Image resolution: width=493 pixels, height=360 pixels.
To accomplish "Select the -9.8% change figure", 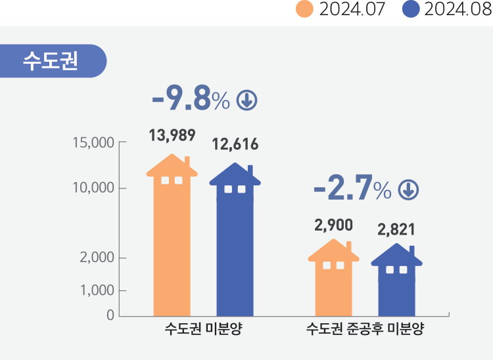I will [190, 100].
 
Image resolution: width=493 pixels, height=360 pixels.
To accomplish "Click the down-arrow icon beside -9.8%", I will [246, 101].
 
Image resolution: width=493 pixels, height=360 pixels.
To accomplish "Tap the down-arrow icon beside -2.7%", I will [408, 191].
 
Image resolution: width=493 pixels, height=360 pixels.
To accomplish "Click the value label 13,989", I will [172, 136].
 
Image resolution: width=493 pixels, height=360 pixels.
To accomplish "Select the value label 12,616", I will [235, 145].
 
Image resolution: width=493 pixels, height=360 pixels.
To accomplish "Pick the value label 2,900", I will [334, 225].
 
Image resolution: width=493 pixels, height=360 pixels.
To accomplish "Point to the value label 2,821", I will [396, 230].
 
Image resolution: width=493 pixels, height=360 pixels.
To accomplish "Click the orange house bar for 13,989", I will [172, 236].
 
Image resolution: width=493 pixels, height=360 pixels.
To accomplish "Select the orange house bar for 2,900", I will [334, 279].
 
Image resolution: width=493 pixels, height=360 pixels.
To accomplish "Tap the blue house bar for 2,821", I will [396, 282].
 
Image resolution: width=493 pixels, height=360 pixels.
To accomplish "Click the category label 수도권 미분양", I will [204, 329].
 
